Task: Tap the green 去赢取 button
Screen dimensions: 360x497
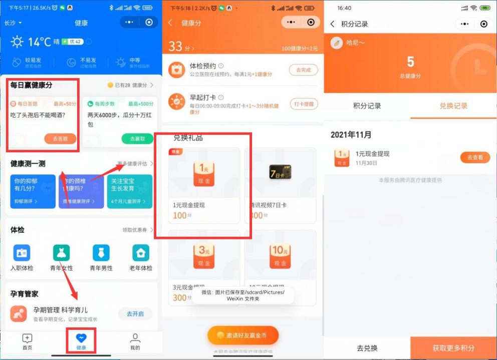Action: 137,139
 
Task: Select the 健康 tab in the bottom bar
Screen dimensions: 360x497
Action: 81,341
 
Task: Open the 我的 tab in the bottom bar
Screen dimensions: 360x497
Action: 135,341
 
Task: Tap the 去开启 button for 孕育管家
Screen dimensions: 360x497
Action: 135,314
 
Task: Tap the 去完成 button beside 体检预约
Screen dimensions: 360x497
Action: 303,70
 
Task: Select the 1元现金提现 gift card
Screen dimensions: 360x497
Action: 204,185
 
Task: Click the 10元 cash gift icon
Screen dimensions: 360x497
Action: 280,255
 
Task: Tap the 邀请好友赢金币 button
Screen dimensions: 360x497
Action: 243,335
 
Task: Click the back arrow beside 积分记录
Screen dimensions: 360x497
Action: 333,24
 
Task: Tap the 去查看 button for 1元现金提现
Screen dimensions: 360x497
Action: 474,158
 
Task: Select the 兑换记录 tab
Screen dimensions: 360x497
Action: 453,106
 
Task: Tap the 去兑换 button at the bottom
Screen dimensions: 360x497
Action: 367,348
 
